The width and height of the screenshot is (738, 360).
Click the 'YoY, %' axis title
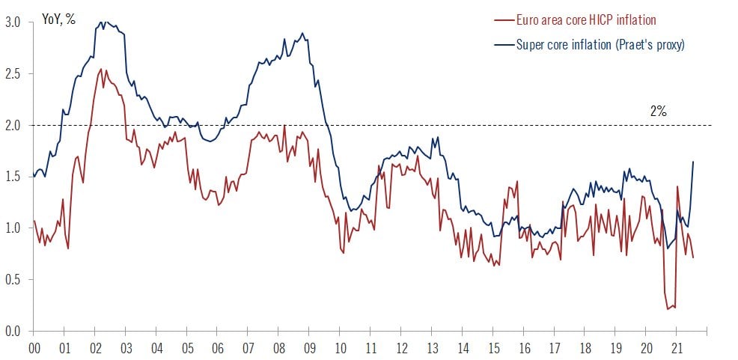coord(58,19)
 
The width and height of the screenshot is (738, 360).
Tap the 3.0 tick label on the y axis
coord(13,22)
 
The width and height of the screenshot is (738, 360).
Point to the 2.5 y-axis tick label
coord(13,74)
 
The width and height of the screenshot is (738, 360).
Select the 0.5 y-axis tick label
coord(13,280)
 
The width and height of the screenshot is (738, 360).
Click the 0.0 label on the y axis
coord(13,331)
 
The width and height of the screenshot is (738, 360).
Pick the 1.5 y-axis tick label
coord(13,177)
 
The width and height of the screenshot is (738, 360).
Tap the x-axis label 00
coord(34,348)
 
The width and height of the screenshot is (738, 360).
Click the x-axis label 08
coord(279,348)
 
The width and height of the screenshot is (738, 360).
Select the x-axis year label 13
coord(432,348)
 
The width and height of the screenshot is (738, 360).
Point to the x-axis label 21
coord(676,348)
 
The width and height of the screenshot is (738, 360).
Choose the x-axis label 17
coord(554,348)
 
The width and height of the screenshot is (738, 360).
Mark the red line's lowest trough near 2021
coord(668,308)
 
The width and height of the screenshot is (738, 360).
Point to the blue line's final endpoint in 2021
coord(693,162)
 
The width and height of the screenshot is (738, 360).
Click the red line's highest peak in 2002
coord(101,70)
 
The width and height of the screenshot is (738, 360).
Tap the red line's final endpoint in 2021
coord(693,257)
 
